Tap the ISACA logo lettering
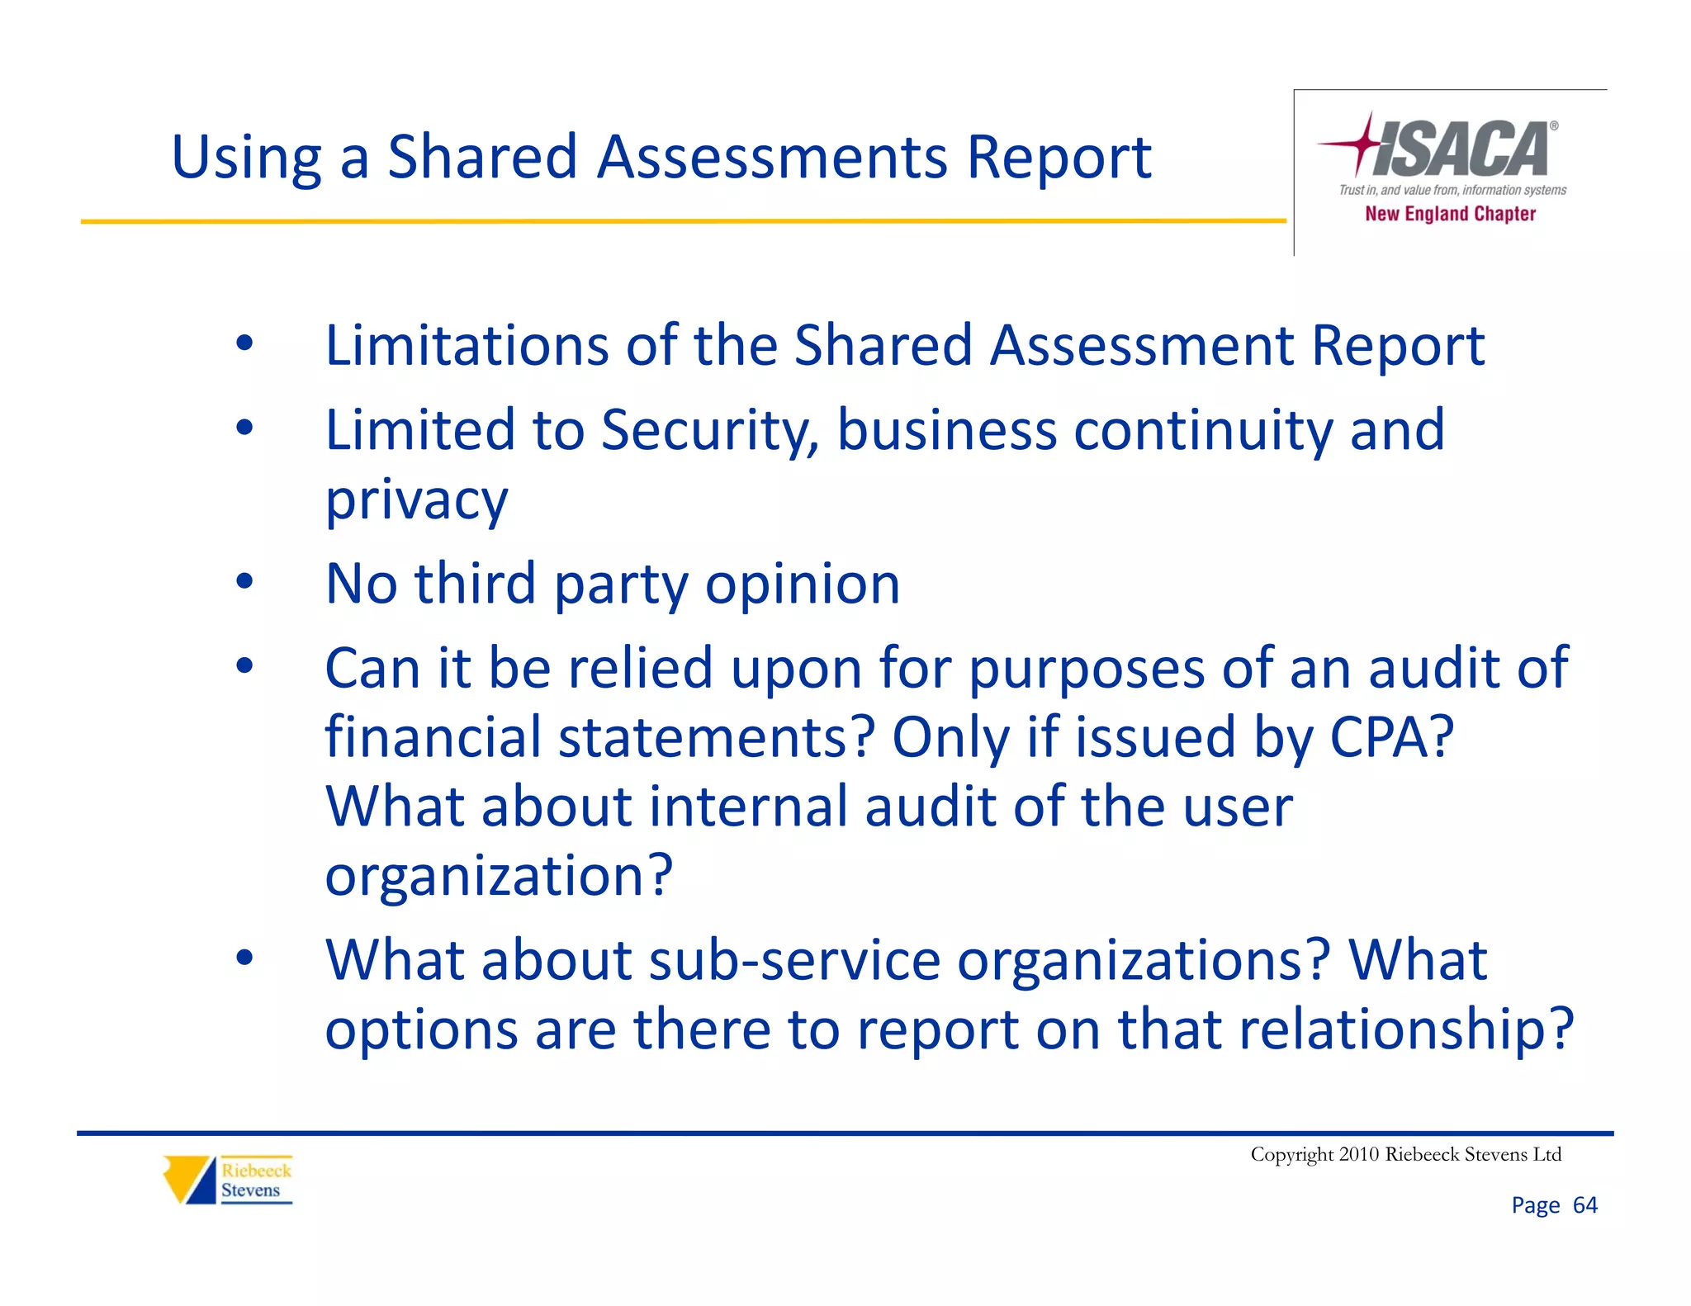point(1462,149)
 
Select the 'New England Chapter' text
point(1450,214)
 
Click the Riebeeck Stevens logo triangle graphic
point(189,1179)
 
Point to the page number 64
point(1584,1205)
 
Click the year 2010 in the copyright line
point(1359,1154)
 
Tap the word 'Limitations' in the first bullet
point(467,345)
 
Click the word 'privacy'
point(416,500)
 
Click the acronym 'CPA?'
point(1391,736)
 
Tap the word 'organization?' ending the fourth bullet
point(499,875)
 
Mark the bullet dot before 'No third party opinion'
point(244,582)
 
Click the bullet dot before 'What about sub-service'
point(244,958)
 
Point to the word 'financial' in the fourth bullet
point(433,736)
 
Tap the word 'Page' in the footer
point(1535,1205)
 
